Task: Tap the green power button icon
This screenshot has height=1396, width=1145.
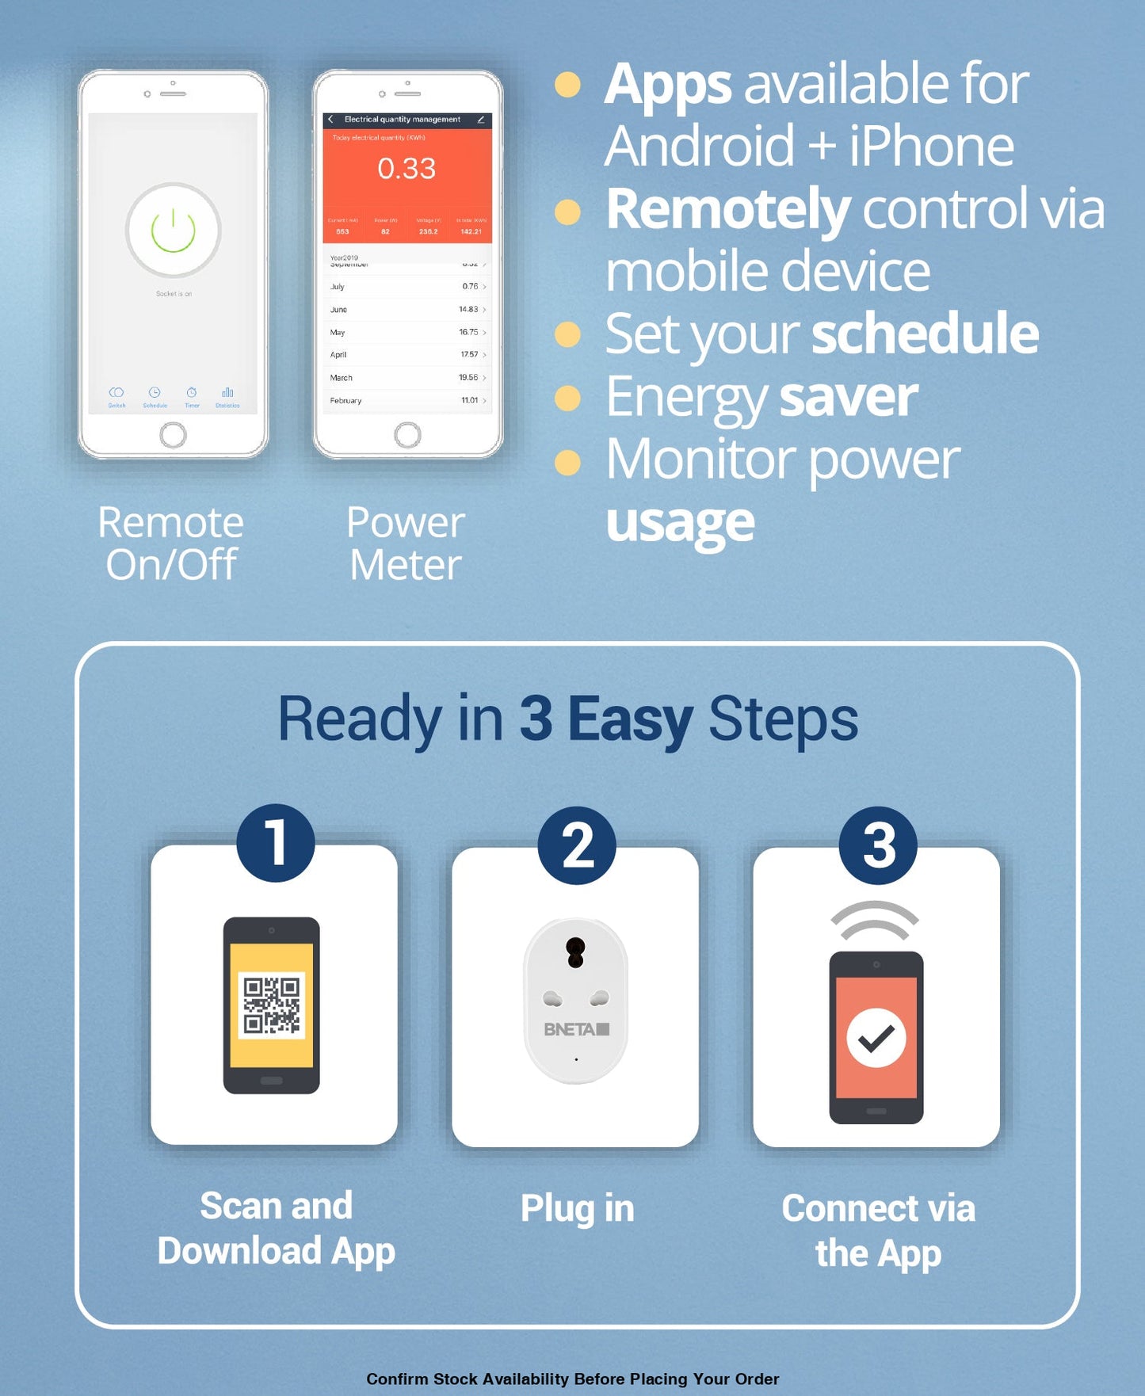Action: click(x=173, y=230)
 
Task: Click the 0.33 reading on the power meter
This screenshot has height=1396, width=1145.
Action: click(x=406, y=168)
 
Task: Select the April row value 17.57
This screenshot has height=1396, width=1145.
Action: click(x=469, y=355)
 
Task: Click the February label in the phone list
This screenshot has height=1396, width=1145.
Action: click(x=345, y=401)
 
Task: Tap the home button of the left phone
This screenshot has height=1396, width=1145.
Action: click(x=173, y=435)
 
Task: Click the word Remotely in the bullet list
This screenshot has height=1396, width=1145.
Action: click(x=727, y=209)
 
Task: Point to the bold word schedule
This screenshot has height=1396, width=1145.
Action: click(x=925, y=334)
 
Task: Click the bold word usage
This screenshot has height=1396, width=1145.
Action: click(x=680, y=523)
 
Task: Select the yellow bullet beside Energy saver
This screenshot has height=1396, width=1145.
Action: click(x=567, y=398)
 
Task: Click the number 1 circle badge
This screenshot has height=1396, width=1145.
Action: click(x=275, y=842)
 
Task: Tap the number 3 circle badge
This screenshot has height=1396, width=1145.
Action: click(x=878, y=845)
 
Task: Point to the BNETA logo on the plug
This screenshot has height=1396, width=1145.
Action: click(x=576, y=1029)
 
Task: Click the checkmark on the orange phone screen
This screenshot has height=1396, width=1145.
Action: click(x=876, y=1038)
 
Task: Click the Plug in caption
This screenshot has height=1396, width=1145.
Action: click(x=577, y=1209)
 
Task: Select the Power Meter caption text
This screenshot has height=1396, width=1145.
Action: click(x=406, y=544)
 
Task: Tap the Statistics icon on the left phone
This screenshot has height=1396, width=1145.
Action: click(x=227, y=395)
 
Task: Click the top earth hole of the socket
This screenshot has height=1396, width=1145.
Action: click(x=575, y=952)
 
